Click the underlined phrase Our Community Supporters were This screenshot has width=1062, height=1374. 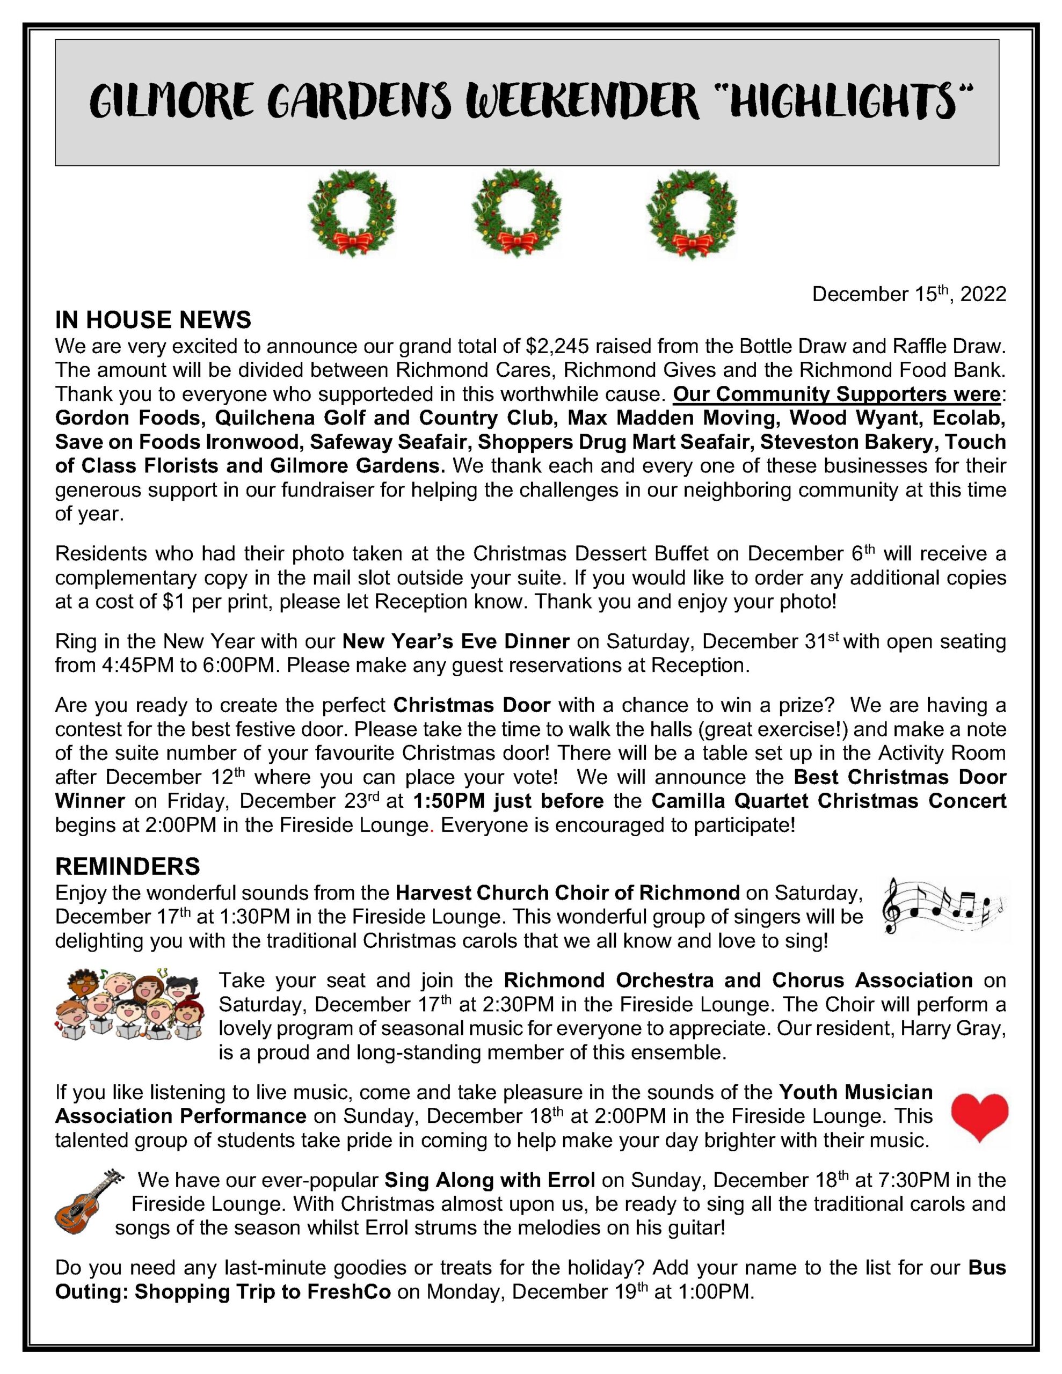point(836,394)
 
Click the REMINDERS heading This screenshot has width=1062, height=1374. point(127,866)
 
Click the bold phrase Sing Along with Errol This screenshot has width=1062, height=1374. point(489,1180)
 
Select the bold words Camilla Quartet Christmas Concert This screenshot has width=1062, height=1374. point(828,801)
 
